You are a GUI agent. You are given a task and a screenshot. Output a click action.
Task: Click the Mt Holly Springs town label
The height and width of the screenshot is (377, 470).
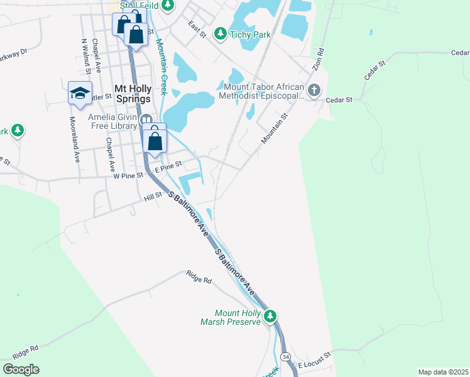click(x=133, y=94)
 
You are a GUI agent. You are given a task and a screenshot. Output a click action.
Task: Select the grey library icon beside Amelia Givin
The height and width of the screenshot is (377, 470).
click(x=146, y=119)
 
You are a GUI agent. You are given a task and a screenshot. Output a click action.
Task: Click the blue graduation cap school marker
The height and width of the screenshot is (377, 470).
click(x=80, y=94)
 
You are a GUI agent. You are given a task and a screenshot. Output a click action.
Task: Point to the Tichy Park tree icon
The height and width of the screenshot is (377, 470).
click(x=221, y=34)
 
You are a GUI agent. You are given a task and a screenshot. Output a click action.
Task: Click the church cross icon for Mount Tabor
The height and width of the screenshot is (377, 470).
click(x=314, y=90)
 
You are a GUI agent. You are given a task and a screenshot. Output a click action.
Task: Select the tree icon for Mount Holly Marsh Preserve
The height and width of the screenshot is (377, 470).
click(x=270, y=315)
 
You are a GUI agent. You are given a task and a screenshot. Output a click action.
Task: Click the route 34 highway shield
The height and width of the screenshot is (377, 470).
click(x=286, y=357)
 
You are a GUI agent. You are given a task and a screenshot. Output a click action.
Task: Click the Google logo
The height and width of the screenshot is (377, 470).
click(x=21, y=369)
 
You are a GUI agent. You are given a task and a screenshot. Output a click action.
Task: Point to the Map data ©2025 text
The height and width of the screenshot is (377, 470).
click(x=442, y=372)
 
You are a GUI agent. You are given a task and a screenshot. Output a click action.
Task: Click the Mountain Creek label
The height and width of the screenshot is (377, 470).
click(x=161, y=67)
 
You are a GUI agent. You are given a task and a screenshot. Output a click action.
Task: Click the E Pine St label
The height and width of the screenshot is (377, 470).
click(x=168, y=166)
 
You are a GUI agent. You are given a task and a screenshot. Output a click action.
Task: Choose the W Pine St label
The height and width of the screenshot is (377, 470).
click(x=129, y=176)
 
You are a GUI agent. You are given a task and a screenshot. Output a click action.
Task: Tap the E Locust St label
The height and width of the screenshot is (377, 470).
click(x=314, y=364)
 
